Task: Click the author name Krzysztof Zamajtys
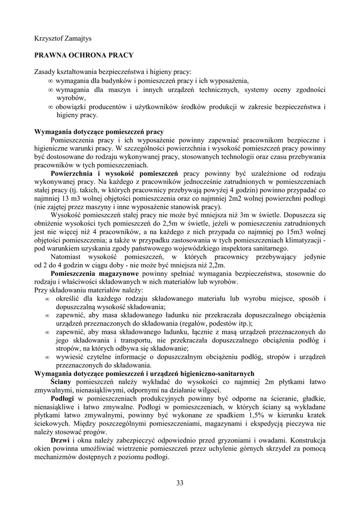(64, 38)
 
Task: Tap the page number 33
(180, 482)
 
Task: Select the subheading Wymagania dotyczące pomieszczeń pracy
(98, 132)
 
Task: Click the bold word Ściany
(61, 381)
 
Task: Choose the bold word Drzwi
(60, 440)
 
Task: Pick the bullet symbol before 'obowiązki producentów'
(51, 107)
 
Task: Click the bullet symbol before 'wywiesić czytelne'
(47, 356)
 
